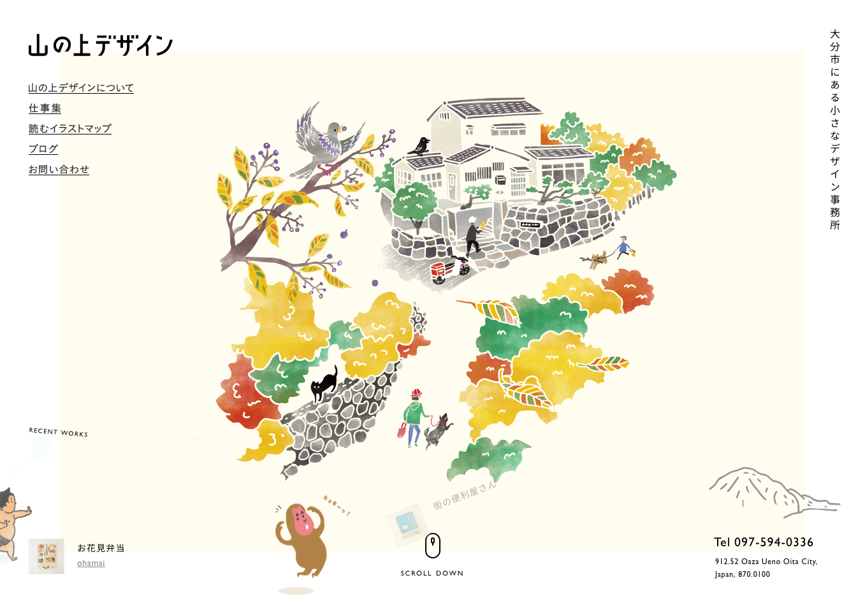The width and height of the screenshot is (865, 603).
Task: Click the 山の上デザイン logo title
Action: (101, 45)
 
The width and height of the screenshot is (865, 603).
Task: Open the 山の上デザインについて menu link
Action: (81, 88)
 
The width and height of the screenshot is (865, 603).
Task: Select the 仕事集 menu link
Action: (45, 108)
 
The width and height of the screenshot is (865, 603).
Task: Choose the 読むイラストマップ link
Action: (69, 129)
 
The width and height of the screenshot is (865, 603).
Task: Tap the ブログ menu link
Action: (43, 149)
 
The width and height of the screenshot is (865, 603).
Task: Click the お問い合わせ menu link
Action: (59, 170)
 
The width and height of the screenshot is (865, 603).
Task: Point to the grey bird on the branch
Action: (328, 140)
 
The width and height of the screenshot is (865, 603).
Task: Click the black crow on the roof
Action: (420, 146)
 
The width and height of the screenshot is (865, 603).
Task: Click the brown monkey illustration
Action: (301, 539)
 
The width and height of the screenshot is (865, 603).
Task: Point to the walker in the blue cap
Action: (622, 247)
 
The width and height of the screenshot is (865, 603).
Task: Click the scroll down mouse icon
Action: (432, 545)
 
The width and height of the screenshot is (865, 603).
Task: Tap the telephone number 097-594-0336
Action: (764, 542)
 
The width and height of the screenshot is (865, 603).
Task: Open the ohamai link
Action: (91, 563)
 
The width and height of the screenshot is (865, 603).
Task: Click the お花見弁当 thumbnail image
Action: (47, 556)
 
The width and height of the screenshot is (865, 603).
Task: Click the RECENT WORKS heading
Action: (59, 432)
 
